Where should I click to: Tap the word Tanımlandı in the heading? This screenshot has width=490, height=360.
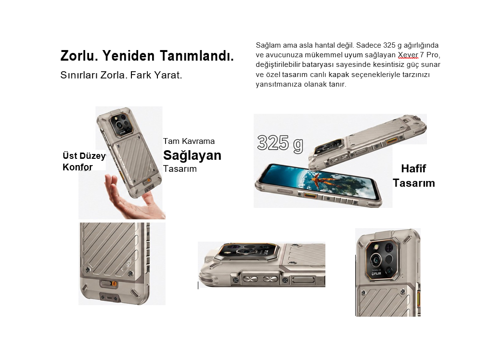[196, 56]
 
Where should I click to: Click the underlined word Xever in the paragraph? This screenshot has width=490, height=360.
[408, 55]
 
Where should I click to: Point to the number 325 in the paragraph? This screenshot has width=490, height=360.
[389, 45]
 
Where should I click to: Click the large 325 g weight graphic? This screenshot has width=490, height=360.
[280, 143]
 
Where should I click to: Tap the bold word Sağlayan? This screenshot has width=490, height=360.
[192, 155]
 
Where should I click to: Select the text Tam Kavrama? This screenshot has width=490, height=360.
[189, 141]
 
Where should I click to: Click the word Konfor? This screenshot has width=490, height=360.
[77, 167]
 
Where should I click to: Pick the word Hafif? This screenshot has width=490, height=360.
[413, 168]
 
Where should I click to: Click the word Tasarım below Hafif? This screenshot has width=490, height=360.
[414, 183]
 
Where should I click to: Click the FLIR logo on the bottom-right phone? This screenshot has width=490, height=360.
[376, 274]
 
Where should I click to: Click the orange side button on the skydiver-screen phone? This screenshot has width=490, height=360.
[310, 196]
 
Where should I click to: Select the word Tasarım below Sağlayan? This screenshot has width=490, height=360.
[180, 169]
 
